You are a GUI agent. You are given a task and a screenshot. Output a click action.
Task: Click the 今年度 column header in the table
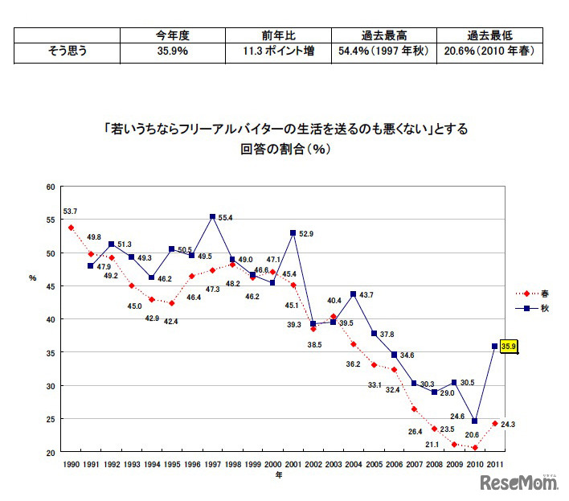(x=173, y=36)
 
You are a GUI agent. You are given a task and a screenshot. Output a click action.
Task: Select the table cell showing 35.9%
(x=173, y=52)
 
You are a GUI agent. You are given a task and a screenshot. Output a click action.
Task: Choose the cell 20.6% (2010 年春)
(x=489, y=52)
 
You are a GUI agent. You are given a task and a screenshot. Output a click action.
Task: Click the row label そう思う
(x=68, y=52)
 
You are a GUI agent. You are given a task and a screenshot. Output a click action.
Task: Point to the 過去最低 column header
(x=489, y=36)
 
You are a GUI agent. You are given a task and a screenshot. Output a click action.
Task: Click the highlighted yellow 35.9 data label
(x=509, y=347)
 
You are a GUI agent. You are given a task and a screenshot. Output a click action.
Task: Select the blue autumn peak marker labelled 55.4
(x=212, y=216)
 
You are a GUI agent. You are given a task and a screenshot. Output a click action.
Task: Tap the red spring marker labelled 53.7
(x=71, y=228)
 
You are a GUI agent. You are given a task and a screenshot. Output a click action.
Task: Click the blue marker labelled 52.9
(x=293, y=233)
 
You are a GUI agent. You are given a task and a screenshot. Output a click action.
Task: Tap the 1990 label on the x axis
(x=71, y=464)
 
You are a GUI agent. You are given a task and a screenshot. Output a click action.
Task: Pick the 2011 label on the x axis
(x=495, y=464)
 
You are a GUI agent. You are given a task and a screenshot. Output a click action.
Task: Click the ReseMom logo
(x=519, y=483)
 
